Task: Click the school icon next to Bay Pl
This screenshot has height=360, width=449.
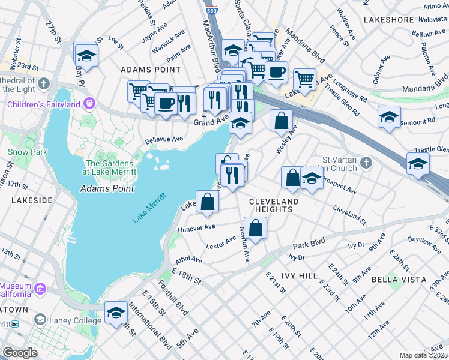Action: coord(86,56)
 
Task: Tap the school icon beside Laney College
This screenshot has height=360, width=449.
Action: coord(116,313)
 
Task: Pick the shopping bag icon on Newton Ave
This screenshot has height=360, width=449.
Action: coord(255,228)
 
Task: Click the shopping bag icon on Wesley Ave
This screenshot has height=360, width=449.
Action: coord(281,121)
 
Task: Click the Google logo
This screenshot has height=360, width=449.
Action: coord(20,352)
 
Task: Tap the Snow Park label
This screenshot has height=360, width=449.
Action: coord(28,152)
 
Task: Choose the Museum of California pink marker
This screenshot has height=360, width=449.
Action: coord(40,289)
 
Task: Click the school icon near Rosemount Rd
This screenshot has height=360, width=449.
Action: coord(389,117)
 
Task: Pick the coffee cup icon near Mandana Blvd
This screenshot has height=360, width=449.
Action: coord(276,73)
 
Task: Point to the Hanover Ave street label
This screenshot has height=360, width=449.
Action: coord(196,228)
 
